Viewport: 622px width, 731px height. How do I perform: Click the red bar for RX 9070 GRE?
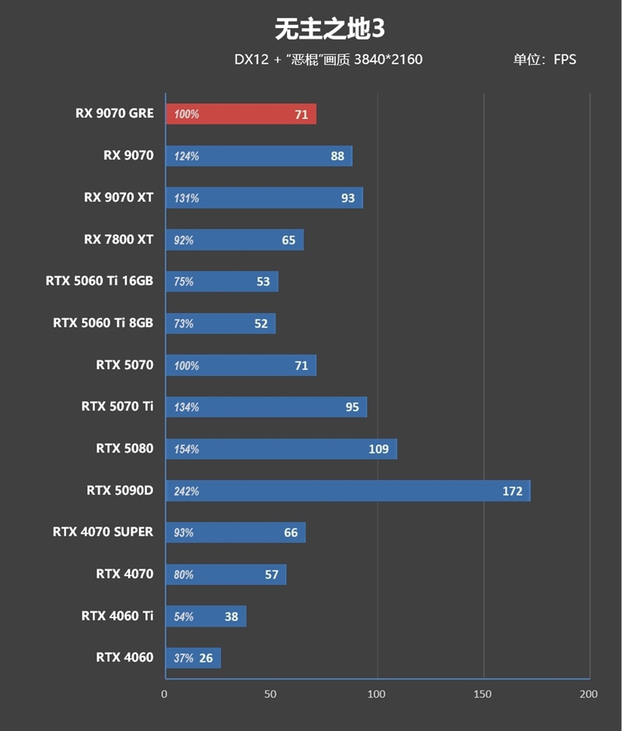pos(241,114)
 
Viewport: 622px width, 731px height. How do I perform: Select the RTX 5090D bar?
pos(348,490)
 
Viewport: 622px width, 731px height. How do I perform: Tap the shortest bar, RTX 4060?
pos(193,658)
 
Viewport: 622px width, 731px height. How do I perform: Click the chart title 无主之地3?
pos(330,29)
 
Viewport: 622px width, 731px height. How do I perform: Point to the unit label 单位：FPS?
pos(544,59)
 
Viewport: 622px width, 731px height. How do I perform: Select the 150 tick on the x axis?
pos(483,694)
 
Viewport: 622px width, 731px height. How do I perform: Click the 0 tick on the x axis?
pos(164,694)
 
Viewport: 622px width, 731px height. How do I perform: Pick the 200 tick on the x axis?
pos(589,694)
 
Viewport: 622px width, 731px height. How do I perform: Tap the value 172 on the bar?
pos(512,491)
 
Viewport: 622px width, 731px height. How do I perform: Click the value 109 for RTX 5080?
pos(378,449)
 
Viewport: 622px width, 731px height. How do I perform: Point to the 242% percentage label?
pos(187,491)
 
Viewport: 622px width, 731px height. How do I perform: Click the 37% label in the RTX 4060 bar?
pos(183,659)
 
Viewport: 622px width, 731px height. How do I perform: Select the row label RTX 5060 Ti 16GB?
pos(100,281)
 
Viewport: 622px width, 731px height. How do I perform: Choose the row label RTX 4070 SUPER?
pos(103,532)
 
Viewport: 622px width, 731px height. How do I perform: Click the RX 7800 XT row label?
pos(119,239)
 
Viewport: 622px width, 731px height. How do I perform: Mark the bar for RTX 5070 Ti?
pos(266,407)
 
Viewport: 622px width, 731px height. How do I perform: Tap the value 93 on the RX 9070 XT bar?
pos(348,198)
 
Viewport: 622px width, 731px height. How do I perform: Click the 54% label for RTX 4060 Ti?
pos(183,617)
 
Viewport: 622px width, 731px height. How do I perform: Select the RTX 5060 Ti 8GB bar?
pos(220,323)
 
